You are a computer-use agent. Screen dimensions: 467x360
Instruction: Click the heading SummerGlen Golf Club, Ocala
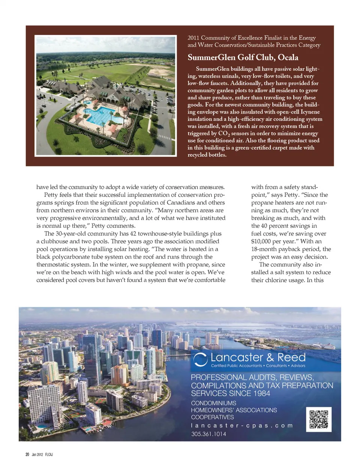[243, 57]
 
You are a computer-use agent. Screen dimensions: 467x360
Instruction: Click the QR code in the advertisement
[319, 419]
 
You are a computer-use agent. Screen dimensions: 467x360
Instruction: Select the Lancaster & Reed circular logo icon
[200, 359]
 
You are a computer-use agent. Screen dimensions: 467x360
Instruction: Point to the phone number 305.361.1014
[208, 434]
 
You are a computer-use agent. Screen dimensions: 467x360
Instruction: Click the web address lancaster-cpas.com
[241, 425]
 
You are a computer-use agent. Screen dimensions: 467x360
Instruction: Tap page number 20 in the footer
[27, 454]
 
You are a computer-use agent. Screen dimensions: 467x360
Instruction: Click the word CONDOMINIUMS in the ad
[213, 403]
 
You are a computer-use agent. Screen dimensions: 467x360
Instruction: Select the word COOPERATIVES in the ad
[212, 417]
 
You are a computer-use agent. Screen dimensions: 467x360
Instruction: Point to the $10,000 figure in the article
[262, 241]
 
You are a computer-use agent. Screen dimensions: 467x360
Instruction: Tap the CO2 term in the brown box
[224, 134]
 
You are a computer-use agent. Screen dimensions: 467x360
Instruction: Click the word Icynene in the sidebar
[310, 112]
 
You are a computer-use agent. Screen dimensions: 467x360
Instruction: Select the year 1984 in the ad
[261, 393]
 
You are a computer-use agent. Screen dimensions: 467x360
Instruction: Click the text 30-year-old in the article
[71, 233]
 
